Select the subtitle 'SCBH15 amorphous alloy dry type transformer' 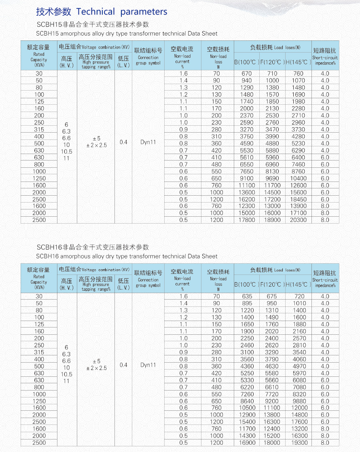click(127, 34)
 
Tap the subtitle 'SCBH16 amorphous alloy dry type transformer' click(127, 256)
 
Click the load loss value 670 click(247, 74)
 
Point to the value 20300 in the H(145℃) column click(299, 220)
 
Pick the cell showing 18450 click(299, 199)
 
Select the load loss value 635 click(247, 296)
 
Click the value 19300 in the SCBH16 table click(299, 443)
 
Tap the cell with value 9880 click(299, 401)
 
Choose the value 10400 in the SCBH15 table click(299, 178)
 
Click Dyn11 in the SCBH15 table click(148, 142)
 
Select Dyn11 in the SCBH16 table click(148, 365)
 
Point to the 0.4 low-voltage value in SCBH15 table click(123, 142)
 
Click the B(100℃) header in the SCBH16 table click(246, 285)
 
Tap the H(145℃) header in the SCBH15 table click(298, 62)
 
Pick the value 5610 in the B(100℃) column click(247, 157)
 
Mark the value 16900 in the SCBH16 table click(247, 443)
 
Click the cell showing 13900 click(299, 206)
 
